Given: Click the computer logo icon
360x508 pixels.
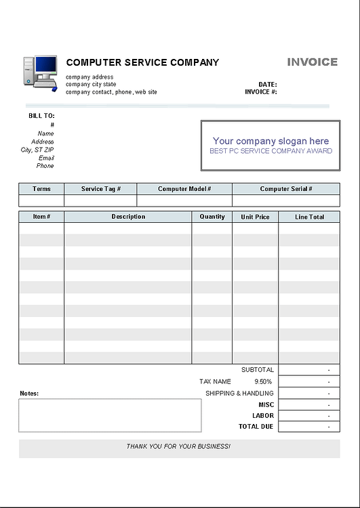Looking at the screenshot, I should [40, 72].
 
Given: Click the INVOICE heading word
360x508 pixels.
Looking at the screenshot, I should [312, 62].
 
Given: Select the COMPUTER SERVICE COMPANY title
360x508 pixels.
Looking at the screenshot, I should [142, 62].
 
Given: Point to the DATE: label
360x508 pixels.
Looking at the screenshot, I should [267, 85].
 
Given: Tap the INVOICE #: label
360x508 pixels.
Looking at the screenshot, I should [261, 92].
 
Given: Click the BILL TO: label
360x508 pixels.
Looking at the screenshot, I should [41, 116].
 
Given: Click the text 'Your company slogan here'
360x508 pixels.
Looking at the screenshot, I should [271, 141].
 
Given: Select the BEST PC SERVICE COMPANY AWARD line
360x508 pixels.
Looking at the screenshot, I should [271, 151].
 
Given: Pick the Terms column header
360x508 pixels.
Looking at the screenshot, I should [41, 189].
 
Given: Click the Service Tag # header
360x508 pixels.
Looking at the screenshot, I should [100, 189].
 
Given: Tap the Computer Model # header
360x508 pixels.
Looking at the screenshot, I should [184, 189].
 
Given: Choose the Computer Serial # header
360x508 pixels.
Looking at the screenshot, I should [285, 189].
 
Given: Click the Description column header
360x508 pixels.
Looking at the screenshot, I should [128, 217].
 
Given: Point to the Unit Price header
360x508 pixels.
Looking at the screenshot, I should [255, 217].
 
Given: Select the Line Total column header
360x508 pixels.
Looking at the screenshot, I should [309, 217].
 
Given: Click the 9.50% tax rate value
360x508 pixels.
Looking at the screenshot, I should [263, 382].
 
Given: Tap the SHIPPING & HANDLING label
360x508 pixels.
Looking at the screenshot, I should [239, 393].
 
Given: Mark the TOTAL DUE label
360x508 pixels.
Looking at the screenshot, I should [256, 427].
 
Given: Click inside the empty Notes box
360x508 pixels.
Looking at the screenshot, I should [110, 415].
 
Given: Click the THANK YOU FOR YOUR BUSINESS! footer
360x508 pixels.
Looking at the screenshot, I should [178, 447].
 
